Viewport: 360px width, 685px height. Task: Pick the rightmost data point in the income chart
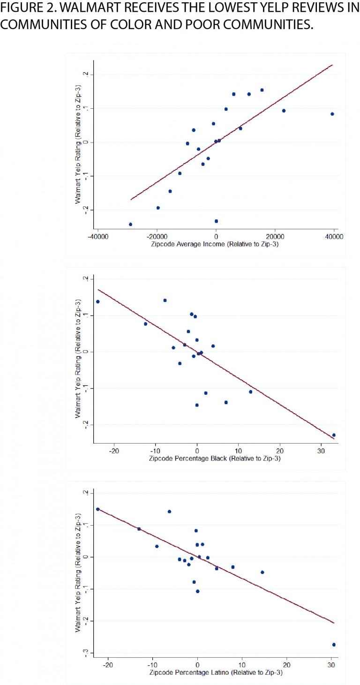point(332,114)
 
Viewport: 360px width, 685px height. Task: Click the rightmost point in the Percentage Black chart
point(334,435)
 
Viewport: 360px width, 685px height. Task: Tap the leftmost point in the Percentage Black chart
point(97,301)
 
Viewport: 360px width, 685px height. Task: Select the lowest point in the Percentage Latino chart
point(334,645)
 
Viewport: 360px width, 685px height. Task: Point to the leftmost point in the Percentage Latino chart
point(97,509)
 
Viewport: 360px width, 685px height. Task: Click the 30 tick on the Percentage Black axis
point(321,451)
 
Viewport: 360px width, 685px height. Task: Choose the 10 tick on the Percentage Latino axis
point(242,664)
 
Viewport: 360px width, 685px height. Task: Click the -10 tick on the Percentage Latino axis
point(152,664)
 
